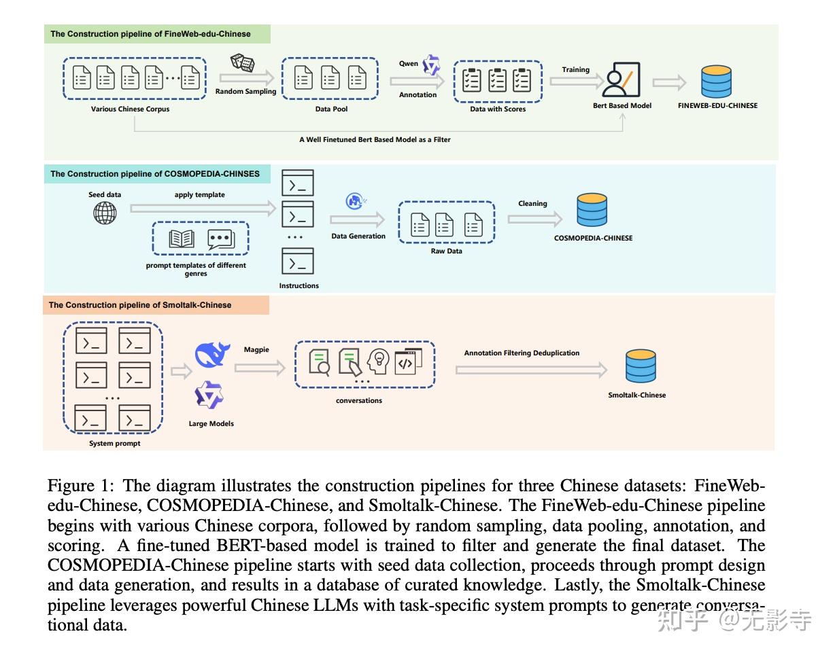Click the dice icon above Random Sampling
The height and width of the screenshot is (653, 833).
[x=243, y=63]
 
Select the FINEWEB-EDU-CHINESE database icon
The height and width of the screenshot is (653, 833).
[x=716, y=82]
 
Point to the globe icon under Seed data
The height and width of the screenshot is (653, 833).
[x=105, y=213]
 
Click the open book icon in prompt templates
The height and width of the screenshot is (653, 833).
[x=182, y=239]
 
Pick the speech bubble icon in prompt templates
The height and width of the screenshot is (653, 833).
[x=220, y=239]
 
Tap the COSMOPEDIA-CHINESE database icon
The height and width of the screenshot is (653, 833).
[x=592, y=211]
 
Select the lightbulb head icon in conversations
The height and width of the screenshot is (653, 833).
[x=377, y=361]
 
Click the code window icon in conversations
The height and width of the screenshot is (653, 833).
[x=408, y=360]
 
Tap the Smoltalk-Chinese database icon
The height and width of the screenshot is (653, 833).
[x=641, y=366]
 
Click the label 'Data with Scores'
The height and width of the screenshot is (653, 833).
[x=498, y=109]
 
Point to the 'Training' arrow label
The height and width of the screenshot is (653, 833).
[x=575, y=69]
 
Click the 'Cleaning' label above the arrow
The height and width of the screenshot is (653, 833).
[x=532, y=203]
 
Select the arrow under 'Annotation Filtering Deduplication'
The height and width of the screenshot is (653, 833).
[x=530, y=370]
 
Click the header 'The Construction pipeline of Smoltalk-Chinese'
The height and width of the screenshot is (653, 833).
[x=140, y=305]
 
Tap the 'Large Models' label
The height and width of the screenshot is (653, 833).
[x=211, y=423]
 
